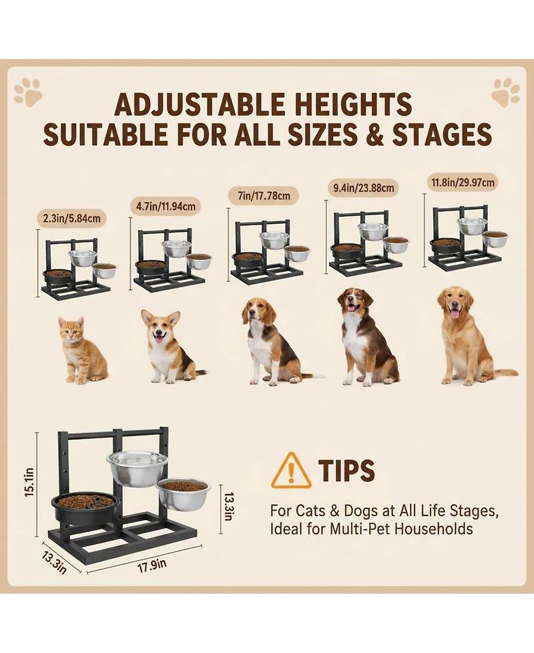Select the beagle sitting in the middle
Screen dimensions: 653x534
click(270, 341)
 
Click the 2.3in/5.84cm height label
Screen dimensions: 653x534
click(72, 219)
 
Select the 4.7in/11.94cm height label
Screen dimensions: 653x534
click(167, 206)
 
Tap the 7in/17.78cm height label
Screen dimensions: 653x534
click(264, 195)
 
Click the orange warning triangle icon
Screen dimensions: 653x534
click(291, 471)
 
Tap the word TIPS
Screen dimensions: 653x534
click(346, 471)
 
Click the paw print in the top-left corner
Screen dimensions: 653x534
click(27, 92)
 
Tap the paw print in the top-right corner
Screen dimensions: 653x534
click(505, 92)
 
